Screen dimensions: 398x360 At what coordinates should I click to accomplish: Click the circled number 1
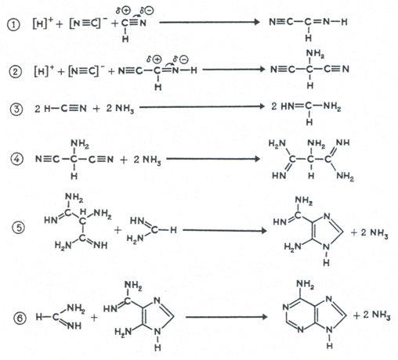(13, 26)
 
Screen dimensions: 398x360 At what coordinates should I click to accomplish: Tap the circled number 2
(15, 71)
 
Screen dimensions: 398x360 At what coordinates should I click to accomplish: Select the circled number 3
(16, 109)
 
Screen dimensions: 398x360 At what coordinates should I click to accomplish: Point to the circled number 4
(16, 159)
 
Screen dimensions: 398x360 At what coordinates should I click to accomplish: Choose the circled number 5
(18, 228)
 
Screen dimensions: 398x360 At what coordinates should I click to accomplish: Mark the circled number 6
(20, 318)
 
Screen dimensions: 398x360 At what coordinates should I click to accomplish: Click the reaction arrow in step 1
(209, 22)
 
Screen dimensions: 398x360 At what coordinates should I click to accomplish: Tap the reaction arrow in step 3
(202, 106)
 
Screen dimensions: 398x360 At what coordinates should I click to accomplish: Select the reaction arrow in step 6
(226, 317)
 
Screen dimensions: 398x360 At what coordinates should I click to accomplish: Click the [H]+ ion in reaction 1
(43, 23)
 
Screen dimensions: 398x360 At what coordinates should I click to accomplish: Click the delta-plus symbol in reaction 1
(123, 11)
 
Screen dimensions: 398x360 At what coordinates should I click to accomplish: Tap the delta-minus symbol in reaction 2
(181, 59)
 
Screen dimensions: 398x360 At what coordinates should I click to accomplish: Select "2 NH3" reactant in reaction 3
(120, 109)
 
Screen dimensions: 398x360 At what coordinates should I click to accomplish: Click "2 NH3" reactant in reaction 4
(147, 160)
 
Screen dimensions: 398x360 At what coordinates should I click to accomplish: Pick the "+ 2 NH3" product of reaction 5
(370, 232)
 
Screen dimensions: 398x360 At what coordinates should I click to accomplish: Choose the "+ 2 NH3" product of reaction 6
(372, 315)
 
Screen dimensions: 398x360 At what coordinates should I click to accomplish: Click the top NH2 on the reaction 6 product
(305, 284)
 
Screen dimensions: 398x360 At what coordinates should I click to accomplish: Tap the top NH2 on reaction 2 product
(315, 53)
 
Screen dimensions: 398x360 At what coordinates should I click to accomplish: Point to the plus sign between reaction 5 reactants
(118, 230)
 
